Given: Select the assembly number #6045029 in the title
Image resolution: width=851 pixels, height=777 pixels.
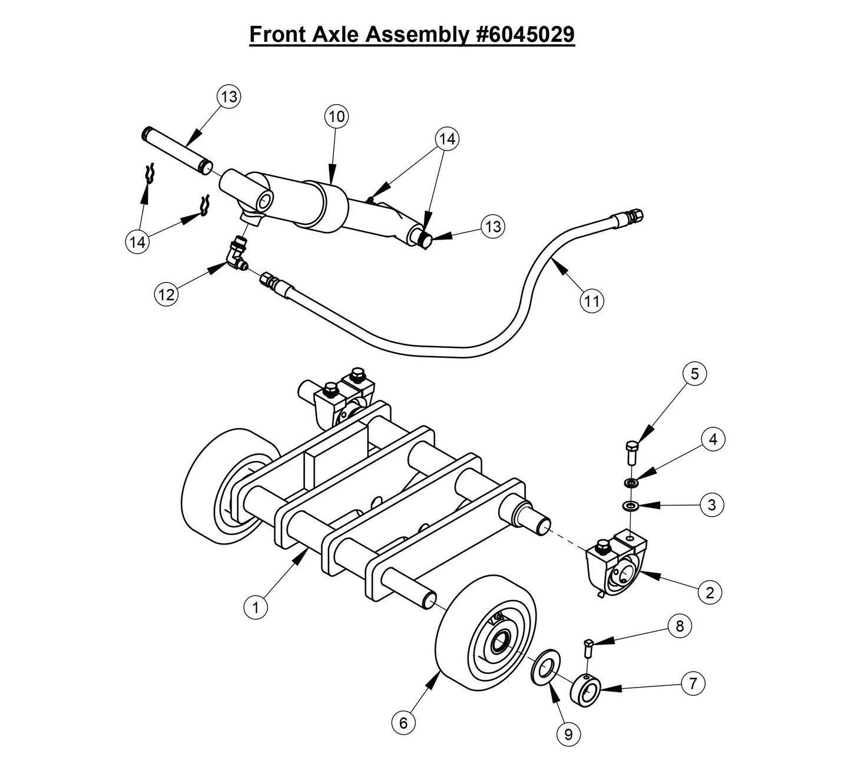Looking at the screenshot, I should tap(524, 34).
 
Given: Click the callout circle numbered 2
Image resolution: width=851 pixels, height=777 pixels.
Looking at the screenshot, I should tap(710, 592).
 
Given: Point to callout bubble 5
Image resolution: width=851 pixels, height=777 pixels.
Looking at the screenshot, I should tap(694, 374).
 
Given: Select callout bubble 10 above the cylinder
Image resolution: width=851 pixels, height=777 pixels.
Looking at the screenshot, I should tap(336, 117).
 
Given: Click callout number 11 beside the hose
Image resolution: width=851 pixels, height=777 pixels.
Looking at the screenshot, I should tap(592, 301).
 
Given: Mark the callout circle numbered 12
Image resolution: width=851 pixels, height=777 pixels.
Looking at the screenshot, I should tap(167, 294).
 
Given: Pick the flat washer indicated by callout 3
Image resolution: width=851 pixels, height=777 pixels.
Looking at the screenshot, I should tap(631, 506).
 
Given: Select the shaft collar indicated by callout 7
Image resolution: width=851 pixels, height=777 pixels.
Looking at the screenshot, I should tap(585, 690).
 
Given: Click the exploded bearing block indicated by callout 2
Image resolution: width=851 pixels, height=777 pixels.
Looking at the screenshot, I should tap(615, 564).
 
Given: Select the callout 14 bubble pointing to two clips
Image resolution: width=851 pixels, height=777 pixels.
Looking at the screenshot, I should tap(138, 242).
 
